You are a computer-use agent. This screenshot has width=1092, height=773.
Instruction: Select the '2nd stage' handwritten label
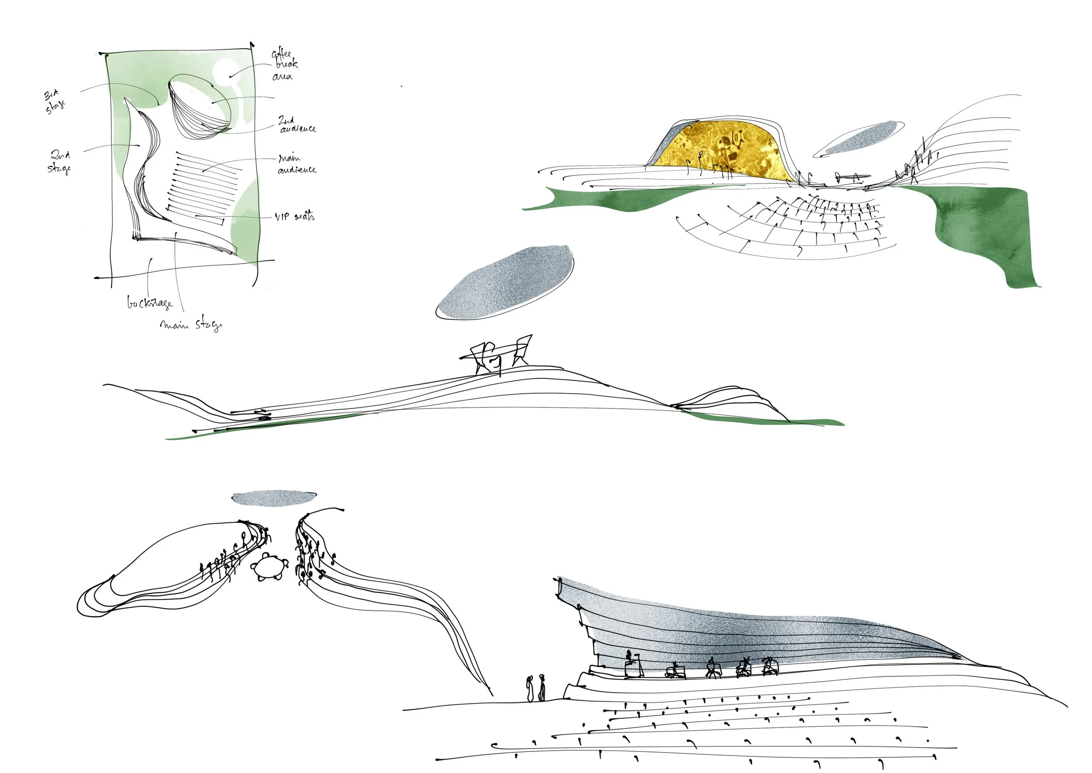[x=60, y=162]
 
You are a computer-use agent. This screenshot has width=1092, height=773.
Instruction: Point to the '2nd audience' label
[x=296, y=125]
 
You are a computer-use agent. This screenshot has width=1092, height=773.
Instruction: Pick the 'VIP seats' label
[x=294, y=216]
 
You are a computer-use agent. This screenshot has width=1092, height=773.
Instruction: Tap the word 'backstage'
[x=149, y=303]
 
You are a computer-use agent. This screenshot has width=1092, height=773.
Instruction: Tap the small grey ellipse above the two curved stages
[x=274, y=498]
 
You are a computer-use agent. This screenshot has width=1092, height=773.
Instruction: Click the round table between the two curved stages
[x=269, y=567]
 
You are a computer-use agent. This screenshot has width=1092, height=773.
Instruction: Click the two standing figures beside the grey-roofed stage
[x=536, y=688]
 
